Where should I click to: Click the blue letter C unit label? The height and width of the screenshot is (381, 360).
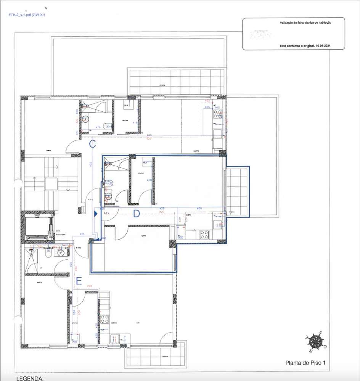coord(92,144)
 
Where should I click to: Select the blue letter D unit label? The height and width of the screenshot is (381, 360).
coord(137,214)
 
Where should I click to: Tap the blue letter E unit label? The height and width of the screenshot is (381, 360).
coord(79,281)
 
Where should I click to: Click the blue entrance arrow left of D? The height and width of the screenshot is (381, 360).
coord(96,215)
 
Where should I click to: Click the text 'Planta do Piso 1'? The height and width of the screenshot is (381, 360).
coord(305,363)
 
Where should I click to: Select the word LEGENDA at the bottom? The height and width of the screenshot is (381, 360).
coord(30,378)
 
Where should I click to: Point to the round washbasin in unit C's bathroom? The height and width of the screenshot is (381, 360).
coord(87,119)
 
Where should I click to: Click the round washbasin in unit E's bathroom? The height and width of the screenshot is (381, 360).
coord(60,252)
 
